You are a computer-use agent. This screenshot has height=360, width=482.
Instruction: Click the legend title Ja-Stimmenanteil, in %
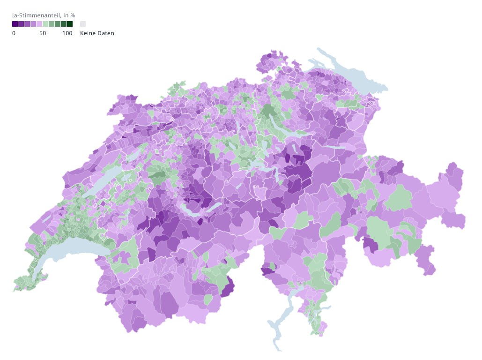(43, 15)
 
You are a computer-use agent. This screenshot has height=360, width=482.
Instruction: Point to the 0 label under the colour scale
(14, 33)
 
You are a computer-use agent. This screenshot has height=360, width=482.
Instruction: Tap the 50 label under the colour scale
(43, 33)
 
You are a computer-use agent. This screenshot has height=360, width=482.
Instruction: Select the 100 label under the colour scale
(67, 33)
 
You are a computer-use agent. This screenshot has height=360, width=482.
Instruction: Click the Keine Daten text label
(97, 33)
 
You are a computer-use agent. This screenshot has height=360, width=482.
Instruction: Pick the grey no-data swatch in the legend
(83, 24)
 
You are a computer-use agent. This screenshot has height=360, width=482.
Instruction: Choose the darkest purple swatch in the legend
(15, 24)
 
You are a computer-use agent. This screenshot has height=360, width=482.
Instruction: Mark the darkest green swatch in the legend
(70, 24)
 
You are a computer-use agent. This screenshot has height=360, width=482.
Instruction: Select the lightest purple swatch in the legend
(39, 24)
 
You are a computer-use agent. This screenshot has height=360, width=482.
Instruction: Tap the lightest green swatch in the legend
(45, 24)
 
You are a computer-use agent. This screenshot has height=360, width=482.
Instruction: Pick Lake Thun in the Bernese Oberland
(192, 207)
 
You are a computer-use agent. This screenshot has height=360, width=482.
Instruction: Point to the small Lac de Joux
(47, 217)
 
